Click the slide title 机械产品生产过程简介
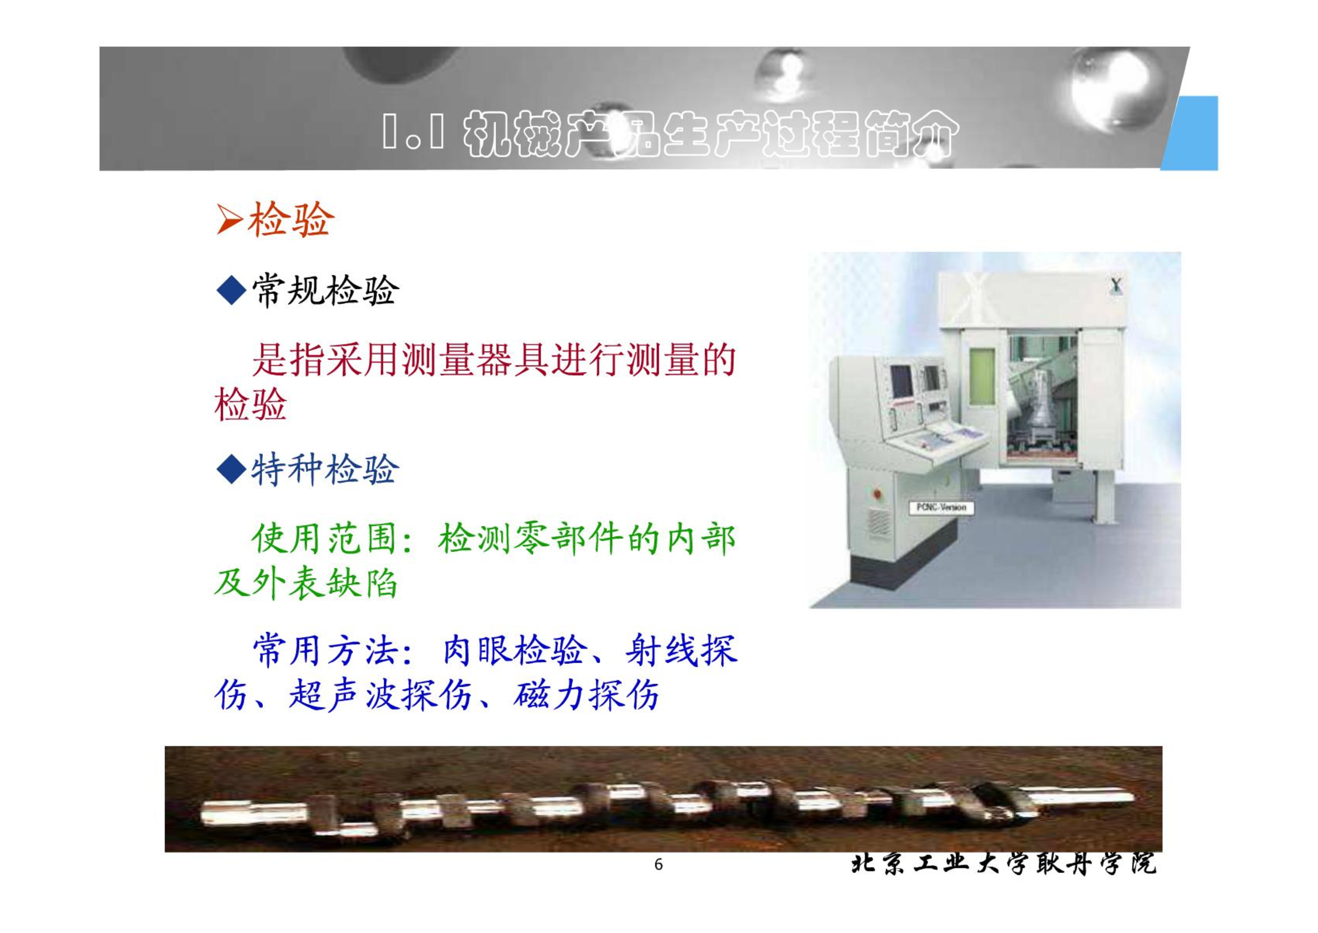coord(711,135)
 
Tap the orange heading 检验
coord(291,219)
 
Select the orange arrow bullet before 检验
coord(229,219)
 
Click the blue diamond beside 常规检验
coord(231,290)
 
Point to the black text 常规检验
coord(325,290)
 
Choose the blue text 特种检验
coord(325,469)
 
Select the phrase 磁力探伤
coord(586,695)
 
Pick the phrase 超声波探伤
coord(380,695)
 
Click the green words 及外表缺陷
coord(306,583)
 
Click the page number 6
coord(658,865)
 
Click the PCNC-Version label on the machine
coord(941,507)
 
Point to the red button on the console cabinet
coord(877,495)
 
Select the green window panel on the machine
coord(981,376)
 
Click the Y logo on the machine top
coord(1116,286)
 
